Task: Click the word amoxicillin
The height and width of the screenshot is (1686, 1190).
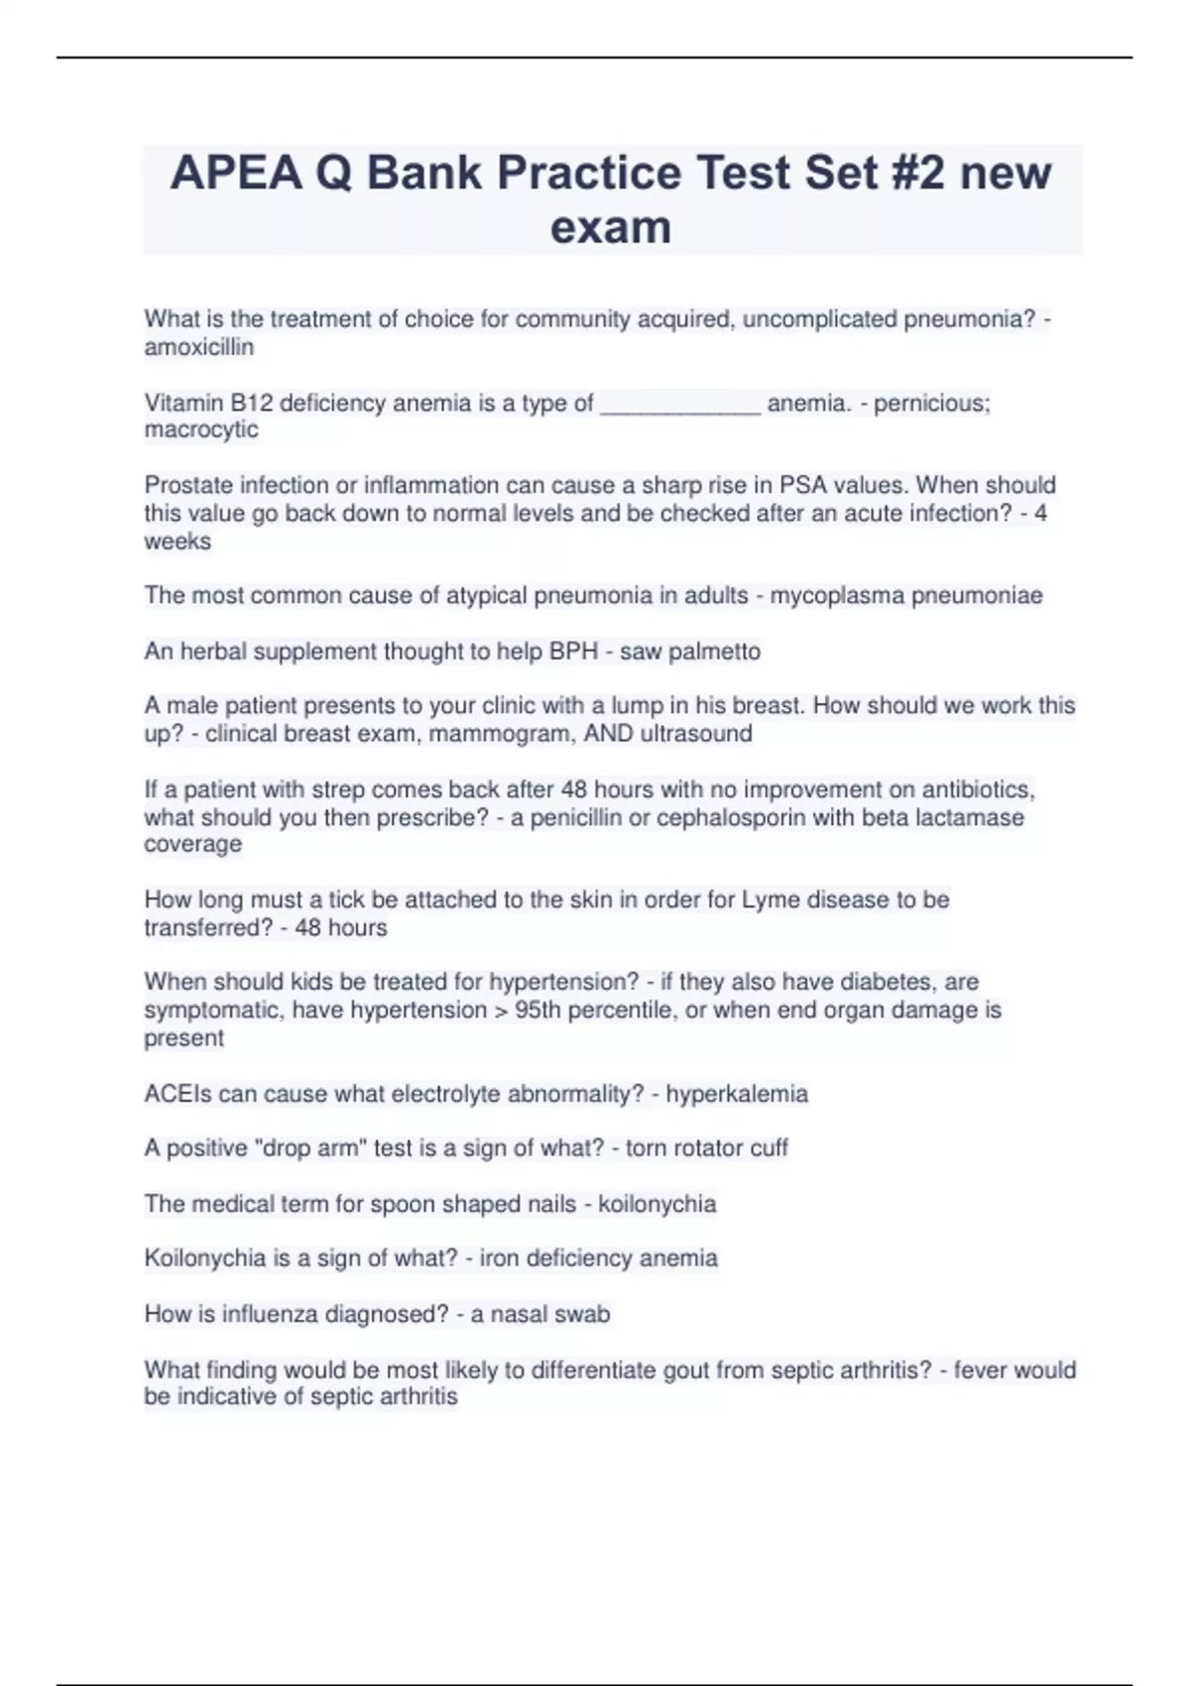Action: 198,347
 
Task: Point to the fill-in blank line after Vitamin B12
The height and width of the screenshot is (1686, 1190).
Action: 680,404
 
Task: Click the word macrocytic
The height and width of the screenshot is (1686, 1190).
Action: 201,429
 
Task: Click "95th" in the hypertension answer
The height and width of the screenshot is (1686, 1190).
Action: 540,1010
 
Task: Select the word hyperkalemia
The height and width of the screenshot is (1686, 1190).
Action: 737,1094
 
